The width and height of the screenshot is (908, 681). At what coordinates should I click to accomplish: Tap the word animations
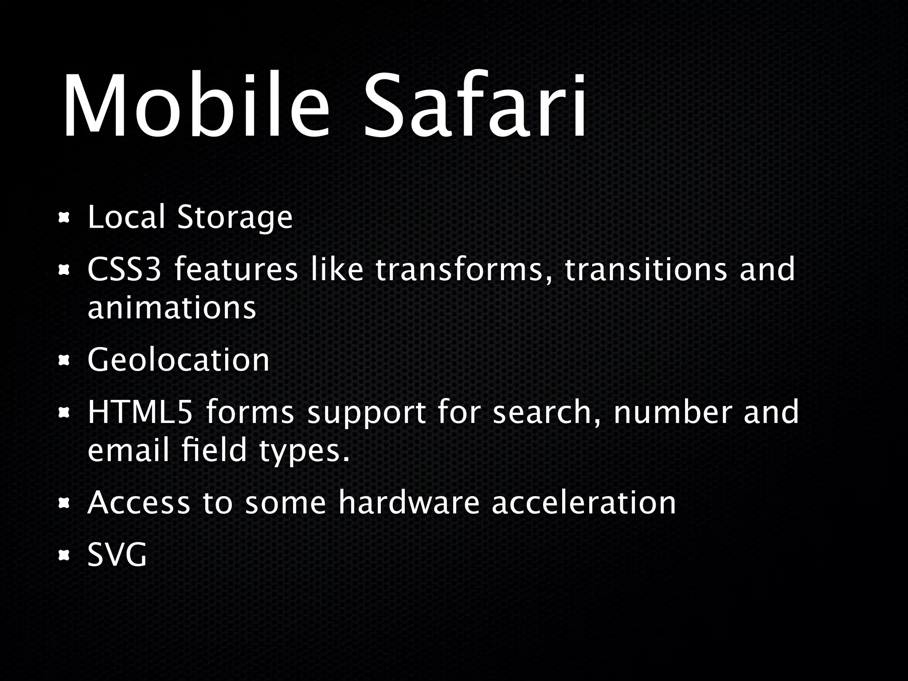pyautogui.click(x=172, y=308)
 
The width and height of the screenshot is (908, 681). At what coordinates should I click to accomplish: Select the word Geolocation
pyautogui.click(x=179, y=360)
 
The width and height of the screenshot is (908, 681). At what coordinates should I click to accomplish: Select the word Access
pyautogui.click(x=139, y=503)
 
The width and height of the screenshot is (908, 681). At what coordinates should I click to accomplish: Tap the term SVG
pyautogui.click(x=117, y=555)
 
